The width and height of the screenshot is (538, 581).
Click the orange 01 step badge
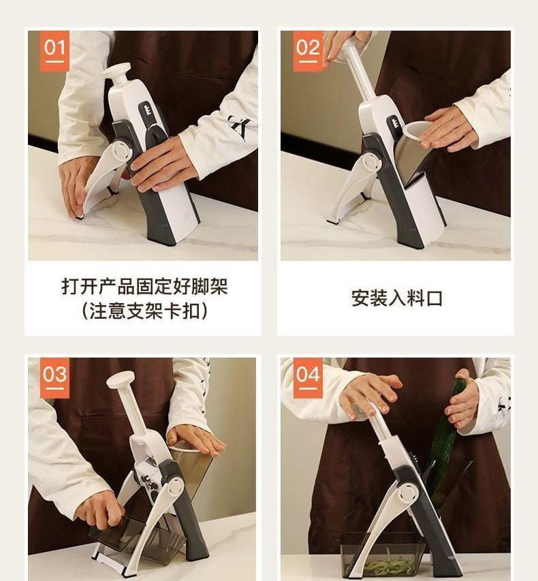pyautogui.click(x=54, y=51)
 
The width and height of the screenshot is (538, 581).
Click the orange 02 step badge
pyautogui.click(x=308, y=51)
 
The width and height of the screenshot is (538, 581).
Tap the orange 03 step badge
pyautogui.click(x=54, y=377)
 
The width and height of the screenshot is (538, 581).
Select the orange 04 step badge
pyautogui.click(x=308, y=377)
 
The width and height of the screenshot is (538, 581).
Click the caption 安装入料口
pyautogui.click(x=397, y=298)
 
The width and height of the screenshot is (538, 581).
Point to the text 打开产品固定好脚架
pyautogui.click(x=145, y=286)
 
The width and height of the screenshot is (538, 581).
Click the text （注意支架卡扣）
pyautogui.click(x=145, y=311)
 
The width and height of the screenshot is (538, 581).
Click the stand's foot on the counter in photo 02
pyautogui.click(x=334, y=220)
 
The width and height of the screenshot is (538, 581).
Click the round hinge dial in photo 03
pyautogui.click(x=174, y=488)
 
